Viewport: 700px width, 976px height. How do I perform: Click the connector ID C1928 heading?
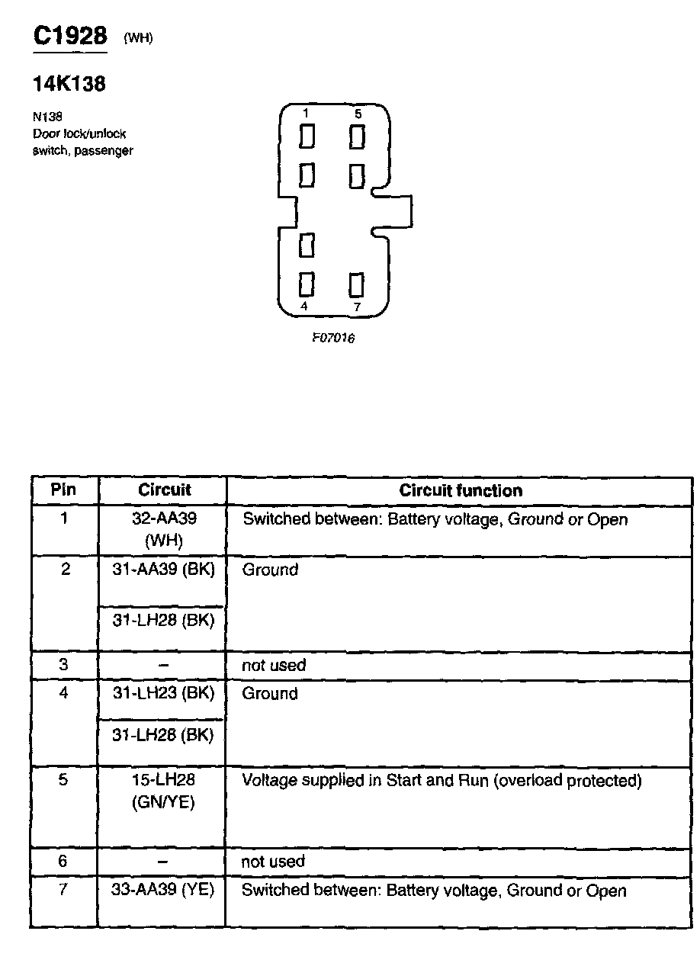(x=69, y=36)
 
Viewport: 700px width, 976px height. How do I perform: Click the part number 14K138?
(x=69, y=84)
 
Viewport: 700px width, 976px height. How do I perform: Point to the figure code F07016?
(x=333, y=338)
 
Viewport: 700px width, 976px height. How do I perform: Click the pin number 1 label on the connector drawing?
(x=306, y=114)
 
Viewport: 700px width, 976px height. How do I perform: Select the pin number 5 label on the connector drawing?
(x=358, y=114)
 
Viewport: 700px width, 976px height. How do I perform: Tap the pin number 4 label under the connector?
(x=305, y=307)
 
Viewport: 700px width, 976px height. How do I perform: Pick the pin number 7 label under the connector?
(x=357, y=307)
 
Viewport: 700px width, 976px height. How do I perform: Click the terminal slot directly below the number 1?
(x=307, y=137)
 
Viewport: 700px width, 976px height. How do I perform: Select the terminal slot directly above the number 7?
(x=356, y=284)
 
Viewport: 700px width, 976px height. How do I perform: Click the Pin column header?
(x=64, y=490)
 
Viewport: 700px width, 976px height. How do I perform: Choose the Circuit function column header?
(x=461, y=491)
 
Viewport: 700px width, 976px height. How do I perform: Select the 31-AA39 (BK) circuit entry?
(x=163, y=570)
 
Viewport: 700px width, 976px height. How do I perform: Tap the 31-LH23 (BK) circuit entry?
(x=163, y=693)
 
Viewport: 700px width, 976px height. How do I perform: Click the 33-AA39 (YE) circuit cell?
(x=162, y=891)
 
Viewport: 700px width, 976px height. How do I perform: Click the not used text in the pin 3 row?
(x=273, y=666)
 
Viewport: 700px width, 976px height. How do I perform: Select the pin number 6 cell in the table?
(x=63, y=862)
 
